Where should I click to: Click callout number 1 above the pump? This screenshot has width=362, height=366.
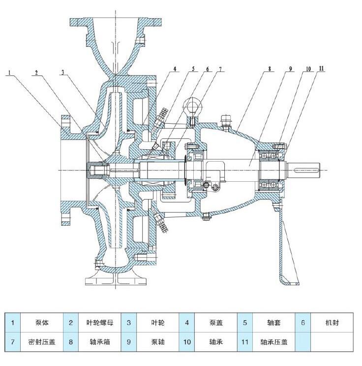[x=9, y=72]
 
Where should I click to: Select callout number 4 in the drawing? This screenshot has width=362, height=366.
[x=175, y=69]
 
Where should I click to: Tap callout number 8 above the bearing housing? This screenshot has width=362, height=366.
[x=270, y=69]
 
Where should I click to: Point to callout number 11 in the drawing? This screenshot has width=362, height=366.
[x=322, y=68]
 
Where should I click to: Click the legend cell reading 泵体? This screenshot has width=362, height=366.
[x=42, y=323]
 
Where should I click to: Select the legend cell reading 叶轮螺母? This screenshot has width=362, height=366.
[x=100, y=323]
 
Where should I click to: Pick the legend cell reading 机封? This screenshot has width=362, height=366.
[x=332, y=323]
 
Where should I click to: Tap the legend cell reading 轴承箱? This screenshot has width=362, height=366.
[x=100, y=342]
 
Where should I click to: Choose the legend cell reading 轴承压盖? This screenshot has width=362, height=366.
[x=274, y=342]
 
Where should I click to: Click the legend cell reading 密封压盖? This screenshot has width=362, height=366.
[x=42, y=342]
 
